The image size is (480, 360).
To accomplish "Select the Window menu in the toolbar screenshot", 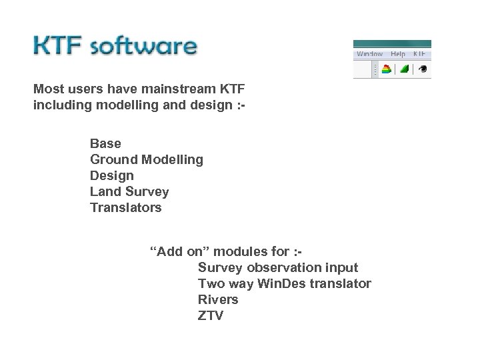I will point(369,53).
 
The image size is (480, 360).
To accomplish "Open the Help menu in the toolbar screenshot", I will point(398,53).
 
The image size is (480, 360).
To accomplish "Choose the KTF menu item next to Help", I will point(419,53).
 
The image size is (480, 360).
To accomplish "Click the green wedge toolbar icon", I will point(404,69).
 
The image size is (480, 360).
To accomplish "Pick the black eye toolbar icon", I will point(421,69).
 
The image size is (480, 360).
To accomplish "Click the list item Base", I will point(105,143).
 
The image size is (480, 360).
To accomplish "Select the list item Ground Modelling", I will point(147,159).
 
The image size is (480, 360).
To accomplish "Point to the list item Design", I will point(111,175).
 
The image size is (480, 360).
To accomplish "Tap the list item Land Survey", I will point(129,191).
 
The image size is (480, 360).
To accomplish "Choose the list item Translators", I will point(125,207).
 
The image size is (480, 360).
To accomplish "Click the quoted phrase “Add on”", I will point(173,251).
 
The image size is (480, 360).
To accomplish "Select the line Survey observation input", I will point(278,267).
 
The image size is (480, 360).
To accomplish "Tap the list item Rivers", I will point(218,299).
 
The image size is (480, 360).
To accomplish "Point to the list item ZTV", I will point(211,315).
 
